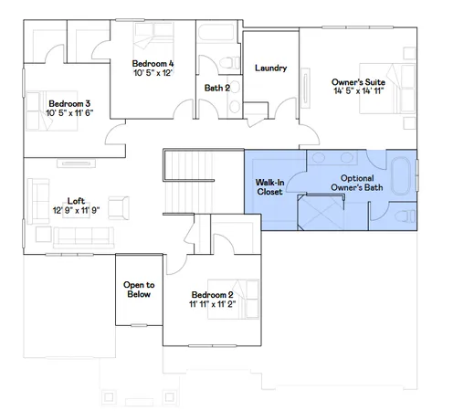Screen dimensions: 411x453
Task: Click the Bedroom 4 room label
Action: [153, 62]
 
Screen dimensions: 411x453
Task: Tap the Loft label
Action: [76, 202]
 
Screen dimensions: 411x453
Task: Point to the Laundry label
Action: [271, 68]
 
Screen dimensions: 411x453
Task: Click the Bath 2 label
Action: [217, 89]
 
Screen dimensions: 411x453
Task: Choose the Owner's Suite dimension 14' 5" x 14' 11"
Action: [358, 91]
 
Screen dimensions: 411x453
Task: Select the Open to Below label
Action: [139, 290]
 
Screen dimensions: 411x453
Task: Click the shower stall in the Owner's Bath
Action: [323, 216]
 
